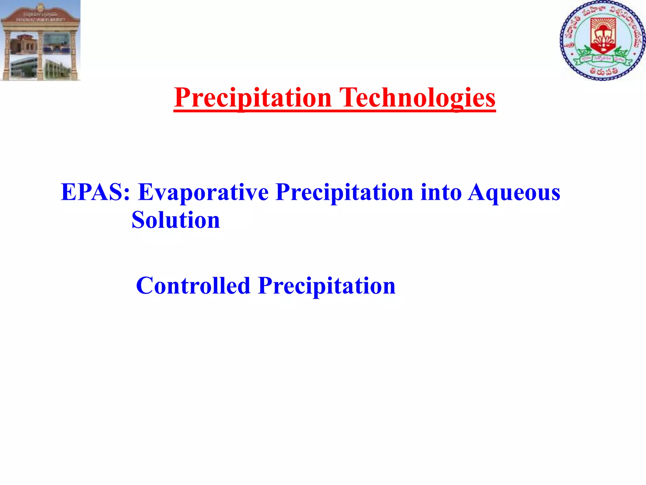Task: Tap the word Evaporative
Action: click(203, 192)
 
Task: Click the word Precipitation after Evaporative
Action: click(344, 192)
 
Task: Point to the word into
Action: click(441, 192)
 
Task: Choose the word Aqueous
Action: click(514, 192)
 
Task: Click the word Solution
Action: click(176, 220)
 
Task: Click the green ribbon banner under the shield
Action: click(603, 59)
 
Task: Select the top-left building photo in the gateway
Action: click(24, 44)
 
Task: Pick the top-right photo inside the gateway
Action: click(56, 43)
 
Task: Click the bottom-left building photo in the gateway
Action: click(24, 67)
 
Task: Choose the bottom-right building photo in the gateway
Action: click(57, 68)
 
